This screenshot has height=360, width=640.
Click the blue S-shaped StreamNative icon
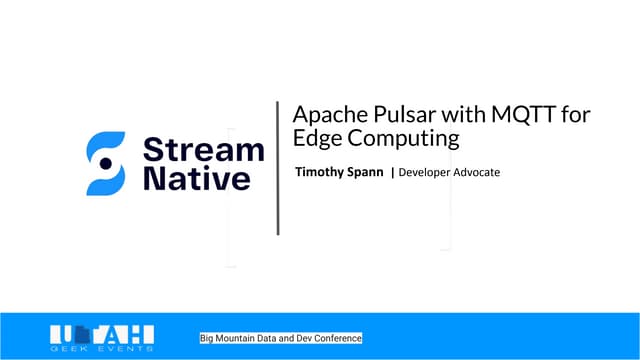coord(106,163)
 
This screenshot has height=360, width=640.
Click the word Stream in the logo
coord(204,150)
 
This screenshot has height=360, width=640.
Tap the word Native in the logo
coord(197,180)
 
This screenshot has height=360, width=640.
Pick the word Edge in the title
coord(313,140)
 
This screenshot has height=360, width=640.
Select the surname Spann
coord(366,173)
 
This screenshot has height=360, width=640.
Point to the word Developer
coord(428,173)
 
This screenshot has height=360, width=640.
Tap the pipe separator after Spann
coord(392,173)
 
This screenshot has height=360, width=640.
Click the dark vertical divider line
coord(277,167)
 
